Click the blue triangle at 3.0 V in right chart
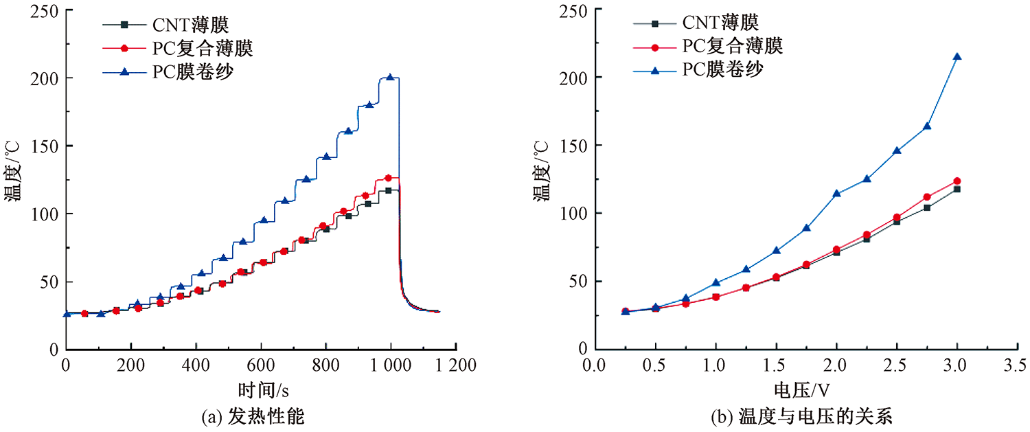pyautogui.click(x=957, y=56)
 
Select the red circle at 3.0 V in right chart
pyautogui.click(x=957, y=181)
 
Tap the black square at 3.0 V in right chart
pyautogui.click(x=957, y=189)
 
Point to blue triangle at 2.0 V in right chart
pyautogui.click(x=836, y=194)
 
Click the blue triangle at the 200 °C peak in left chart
pyautogui.click(x=390, y=78)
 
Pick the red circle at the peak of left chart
pyautogui.click(x=388, y=178)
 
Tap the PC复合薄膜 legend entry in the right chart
pyautogui.click(x=732, y=47)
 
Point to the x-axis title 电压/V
pyautogui.click(x=801, y=389)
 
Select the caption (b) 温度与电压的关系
pyautogui.click(x=801, y=416)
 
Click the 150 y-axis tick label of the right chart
pyautogui.click(x=574, y=146)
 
